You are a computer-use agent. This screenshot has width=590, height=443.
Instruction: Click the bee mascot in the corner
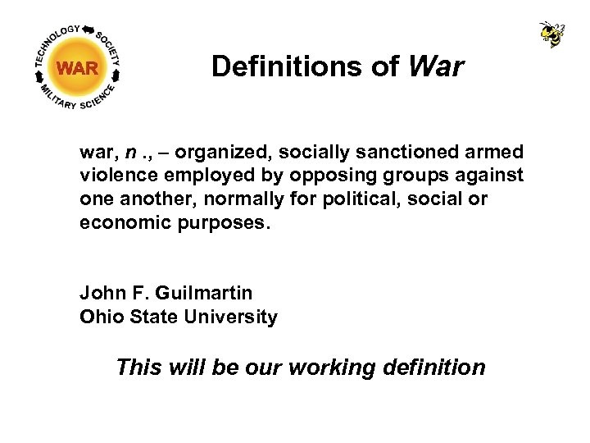(552, 34)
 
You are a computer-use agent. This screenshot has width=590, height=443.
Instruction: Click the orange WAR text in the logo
(78, 68)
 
